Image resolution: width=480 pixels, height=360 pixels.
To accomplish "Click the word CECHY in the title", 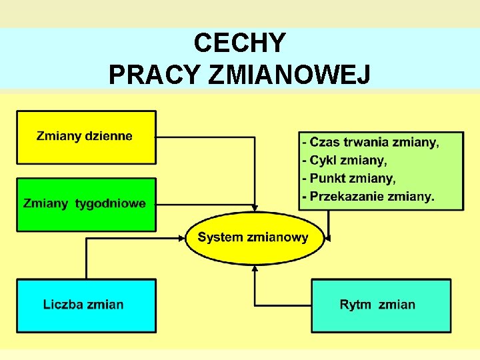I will pyautogui.click(x=240, y=43).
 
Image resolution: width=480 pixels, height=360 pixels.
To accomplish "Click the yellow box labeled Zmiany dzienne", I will pyautogui.click(x=86, y=137).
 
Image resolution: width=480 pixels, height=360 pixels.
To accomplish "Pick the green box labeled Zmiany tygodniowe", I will pyautogui.click(x=86, y=204).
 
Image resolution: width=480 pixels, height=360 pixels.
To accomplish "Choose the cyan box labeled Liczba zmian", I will pyautogui.click(x=86, y=305).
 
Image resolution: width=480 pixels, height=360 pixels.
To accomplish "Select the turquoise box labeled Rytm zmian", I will pyautogui.click(x=381, y=305).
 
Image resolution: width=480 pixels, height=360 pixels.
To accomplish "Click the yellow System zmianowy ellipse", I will pyautogui.click(x=254, y=237).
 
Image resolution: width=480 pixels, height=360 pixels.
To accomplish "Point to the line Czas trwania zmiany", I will pyautogui.click(x=371, y=143).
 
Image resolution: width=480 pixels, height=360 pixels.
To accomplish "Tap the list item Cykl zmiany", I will pyautogui.click(x=345, y=161).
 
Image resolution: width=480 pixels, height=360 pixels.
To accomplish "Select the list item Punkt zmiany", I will pyautogui.click(x=349, y=179).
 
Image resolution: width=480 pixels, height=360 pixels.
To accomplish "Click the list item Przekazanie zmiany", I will pyautogui.click(x=369, y=197).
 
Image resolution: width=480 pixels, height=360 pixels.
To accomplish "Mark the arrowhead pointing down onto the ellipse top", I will pyautogui.click(x=254, y=207).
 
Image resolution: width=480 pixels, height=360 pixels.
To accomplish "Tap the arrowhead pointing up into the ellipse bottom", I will pyautogui.click(x=254, y=269).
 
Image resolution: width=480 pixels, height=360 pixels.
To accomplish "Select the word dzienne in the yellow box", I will pyautogui.click(x=107, y=137).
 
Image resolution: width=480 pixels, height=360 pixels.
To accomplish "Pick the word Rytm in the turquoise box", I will pyautogui.click(x=355, y=305).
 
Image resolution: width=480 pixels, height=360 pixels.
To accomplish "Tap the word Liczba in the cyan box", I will pyautogui.click(x=62, y=305).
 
